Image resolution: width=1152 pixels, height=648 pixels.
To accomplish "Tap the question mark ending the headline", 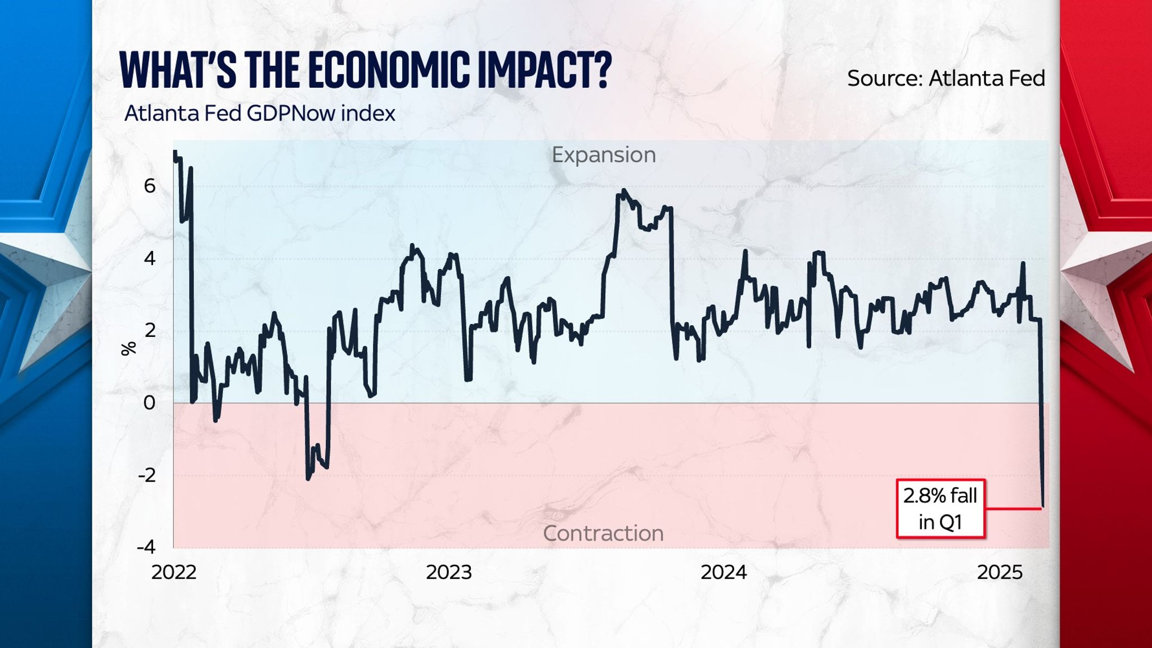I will [601, 71].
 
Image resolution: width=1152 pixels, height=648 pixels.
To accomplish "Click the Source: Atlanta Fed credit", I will [946, 78].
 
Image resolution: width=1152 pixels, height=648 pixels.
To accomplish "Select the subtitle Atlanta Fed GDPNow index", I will [259, 114].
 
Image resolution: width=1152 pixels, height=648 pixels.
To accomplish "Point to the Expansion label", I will [603, 155].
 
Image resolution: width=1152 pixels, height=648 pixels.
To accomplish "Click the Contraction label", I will [603, 533].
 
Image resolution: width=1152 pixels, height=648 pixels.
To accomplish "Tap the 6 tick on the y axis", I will [150, 186].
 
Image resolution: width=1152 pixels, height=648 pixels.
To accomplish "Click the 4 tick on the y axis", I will [150, 258].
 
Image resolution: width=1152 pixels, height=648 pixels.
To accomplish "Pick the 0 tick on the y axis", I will [150, 403].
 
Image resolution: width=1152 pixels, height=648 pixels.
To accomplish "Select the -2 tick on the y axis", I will [147, 475].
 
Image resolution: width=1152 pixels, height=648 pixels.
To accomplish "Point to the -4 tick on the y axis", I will [146, 547].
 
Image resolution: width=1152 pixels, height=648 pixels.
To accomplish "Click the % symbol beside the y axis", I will [129, 349].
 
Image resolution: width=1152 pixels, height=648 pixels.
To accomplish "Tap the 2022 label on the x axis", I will [174, 572].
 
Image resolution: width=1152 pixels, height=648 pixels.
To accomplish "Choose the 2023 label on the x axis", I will [448, 572].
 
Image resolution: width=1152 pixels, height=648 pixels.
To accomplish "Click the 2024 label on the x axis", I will [723, 572].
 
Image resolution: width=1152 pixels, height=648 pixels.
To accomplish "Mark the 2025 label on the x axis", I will [999, 572].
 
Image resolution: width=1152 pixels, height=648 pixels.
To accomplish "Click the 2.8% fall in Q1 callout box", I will [940, 508].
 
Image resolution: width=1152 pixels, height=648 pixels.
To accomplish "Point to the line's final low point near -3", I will [1043, 506].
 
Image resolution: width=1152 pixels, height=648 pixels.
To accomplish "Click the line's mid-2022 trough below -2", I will [308, 478].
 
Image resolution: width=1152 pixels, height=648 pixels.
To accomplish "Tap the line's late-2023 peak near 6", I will [624, 191].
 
